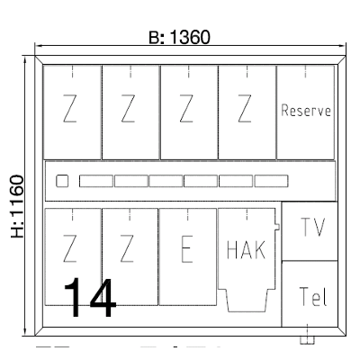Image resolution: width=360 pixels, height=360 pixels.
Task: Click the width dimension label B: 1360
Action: click(180, 38)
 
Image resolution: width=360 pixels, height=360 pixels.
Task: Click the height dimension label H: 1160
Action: click(17, 206)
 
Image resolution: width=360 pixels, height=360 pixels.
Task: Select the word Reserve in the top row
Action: click(306, 111)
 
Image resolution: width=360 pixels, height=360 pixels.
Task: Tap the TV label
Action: click(312, 227)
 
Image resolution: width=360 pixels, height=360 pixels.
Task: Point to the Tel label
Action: click(313, 296)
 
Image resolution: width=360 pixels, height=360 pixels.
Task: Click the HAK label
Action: click(246, 249)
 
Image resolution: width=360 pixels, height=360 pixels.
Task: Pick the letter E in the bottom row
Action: click(187, 249)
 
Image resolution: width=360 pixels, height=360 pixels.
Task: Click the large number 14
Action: click(89, 297)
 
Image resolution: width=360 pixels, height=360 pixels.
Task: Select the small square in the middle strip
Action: click(62, 181)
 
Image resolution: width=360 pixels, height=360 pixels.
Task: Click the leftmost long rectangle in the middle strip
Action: click(96, 181)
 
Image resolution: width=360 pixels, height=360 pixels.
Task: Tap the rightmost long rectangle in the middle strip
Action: click(271, 181)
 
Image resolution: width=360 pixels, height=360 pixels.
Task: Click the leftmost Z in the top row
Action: click(69, 108)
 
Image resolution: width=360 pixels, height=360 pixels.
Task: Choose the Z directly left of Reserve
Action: click(245, 108)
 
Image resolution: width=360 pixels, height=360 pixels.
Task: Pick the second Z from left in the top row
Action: click(128, 108)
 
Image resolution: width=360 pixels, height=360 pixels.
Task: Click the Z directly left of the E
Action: click(127, 248)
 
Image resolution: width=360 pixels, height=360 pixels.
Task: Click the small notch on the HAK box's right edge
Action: click(277, 227)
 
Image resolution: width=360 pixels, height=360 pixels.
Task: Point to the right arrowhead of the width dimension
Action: click(343, 46)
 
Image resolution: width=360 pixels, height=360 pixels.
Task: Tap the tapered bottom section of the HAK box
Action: click(246, 301)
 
